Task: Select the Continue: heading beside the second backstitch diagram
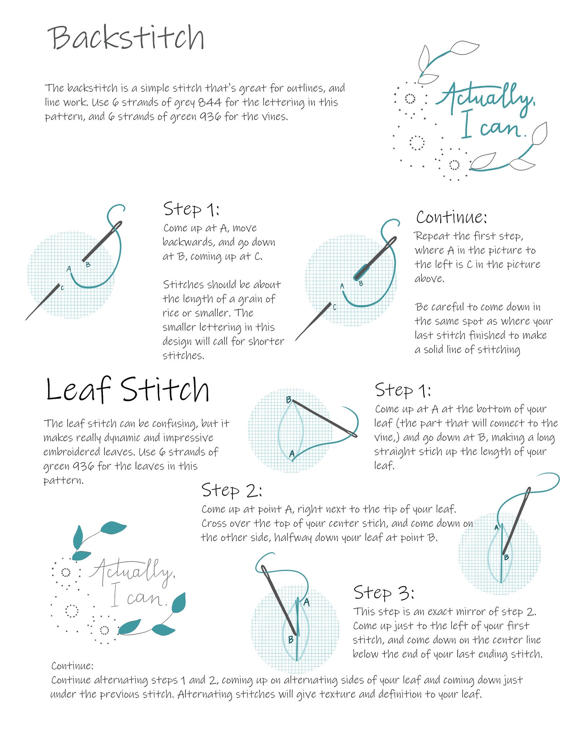(x=451, y=217)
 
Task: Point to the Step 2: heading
(x=231, y=491)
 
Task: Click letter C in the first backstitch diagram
(x=62, y=288)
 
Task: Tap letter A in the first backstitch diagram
(x=69, y=269)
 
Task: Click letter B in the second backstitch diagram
(x=361, y=284)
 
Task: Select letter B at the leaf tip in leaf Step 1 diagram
(x=288, y=400)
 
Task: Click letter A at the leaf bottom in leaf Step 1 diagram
(x=292, y=454)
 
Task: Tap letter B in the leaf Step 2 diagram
(x=506, y=557)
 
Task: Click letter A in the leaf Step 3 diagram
(x=307, y=602)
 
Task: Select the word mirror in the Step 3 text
(x=470, y=612)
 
